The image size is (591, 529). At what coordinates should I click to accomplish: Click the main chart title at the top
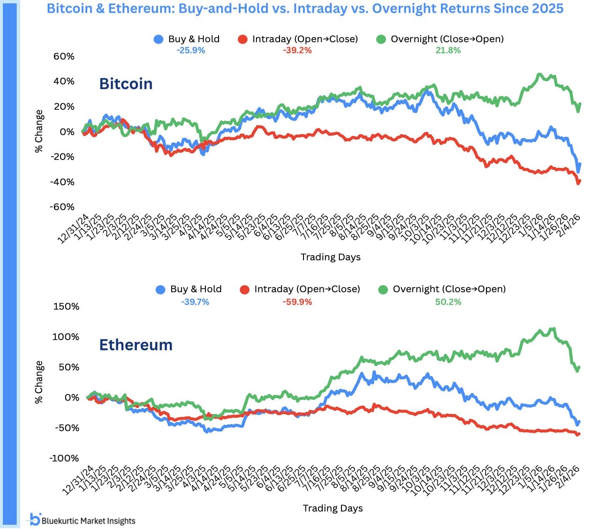(305, 8)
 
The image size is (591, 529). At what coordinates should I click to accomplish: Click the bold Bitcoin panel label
(126, 83)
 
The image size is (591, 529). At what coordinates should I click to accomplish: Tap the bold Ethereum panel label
(136, 345)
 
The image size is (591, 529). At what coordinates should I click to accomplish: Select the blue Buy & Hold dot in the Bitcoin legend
(159, 39)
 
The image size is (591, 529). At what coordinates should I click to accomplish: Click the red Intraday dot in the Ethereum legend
(244, 289)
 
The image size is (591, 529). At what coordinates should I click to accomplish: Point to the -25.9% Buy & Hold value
(191, 50)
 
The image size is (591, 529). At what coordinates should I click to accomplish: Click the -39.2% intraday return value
(297, 50)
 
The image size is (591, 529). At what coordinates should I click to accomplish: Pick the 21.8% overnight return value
(448, 50)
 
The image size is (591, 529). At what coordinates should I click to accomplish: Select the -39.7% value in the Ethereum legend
(195, 302)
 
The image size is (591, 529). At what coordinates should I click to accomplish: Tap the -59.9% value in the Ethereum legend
(297, 302)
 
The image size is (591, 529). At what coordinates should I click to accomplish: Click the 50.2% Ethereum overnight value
(448, 302)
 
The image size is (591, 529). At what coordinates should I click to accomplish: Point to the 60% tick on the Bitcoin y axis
(64, 56)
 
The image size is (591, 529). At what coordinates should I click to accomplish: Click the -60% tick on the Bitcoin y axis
(62, 207)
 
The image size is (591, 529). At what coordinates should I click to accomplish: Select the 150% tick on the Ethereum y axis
(66, 306)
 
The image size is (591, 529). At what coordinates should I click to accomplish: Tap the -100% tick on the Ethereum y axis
(64, 458)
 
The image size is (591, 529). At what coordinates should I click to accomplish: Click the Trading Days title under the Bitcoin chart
(331, 257)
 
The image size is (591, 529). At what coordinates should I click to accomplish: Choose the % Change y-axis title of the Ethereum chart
(39, 382)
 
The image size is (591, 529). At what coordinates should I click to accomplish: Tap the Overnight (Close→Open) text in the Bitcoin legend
(447, 39)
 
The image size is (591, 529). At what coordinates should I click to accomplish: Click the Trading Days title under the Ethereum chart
(333, 508)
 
